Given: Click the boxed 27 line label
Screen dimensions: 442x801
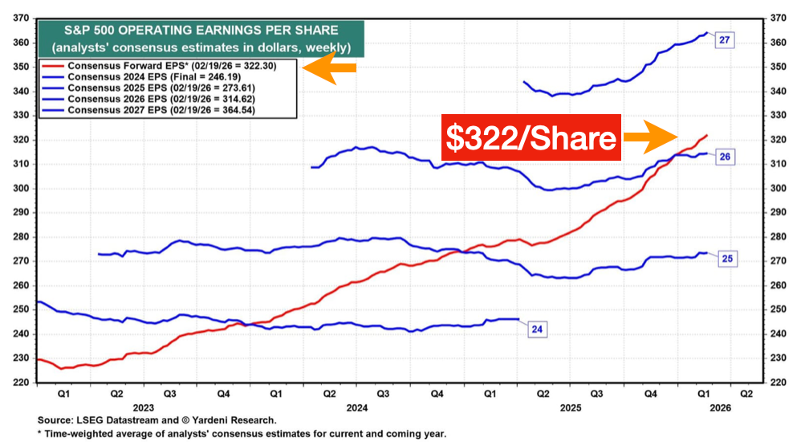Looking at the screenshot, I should pyautogui.click(x=724, y=40).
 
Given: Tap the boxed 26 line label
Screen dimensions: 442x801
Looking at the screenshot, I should pyautogui.click(x=724, y=157).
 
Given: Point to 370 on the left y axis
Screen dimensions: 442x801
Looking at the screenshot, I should pyautogui.click(x=22, y=18).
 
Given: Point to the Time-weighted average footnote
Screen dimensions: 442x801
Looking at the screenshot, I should pyautogui.click(x=241, y=434).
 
